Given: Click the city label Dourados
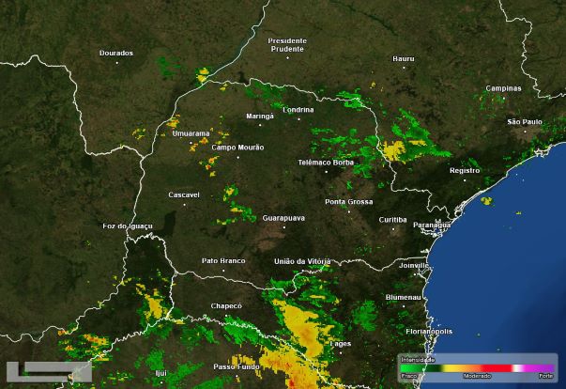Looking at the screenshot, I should click(116, 53).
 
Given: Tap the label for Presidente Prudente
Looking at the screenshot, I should click(287, 45).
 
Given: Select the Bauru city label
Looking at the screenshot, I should click(404, 58).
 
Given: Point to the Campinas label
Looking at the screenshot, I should click(503, 88).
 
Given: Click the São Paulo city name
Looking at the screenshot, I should click(525, 122).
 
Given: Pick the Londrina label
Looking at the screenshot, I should click(298, 109).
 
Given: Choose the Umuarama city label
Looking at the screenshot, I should click(191, 134).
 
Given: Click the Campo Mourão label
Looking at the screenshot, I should click(237, 148).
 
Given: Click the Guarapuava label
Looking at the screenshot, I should click(283, 217).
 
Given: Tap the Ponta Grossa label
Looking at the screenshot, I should click(348, 202).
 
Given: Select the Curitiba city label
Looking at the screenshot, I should click(392, 219).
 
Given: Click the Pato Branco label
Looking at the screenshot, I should click(223, 260).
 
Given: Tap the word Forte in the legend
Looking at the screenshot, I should click(545, 375).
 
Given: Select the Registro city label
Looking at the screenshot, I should click(465, 171).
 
